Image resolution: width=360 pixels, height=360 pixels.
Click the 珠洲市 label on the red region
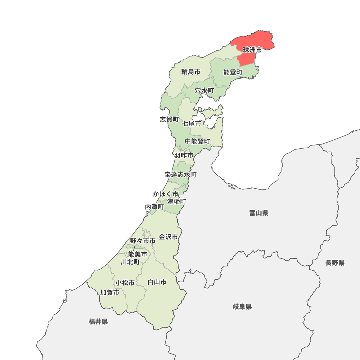[x=252, y=50]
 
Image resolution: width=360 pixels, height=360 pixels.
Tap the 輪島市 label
[x=191, y=72]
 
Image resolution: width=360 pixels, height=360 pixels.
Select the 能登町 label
[x=233, y=72]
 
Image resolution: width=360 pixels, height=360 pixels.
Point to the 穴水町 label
[x=204, y=91]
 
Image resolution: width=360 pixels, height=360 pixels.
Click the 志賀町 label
[x=169, y=119]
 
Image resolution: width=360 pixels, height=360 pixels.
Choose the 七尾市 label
[x=192, y=123]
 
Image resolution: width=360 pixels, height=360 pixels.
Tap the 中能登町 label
[x=198, y=141]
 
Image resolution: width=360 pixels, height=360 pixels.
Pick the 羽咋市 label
[x=184, y=156]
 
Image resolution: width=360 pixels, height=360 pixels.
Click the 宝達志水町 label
[x=181, y=175]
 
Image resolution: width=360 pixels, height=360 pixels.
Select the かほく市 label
[x=166, y=194]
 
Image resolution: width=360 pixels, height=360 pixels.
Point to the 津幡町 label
[x=177, y=202]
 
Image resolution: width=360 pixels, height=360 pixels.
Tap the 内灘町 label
[x=154, y=207]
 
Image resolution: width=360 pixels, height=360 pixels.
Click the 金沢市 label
[x=168, y=237]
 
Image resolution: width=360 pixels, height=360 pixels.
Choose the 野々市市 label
[x=143, y=240]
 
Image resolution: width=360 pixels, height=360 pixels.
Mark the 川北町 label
[x=130, y=262]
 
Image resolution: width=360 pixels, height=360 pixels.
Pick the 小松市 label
[x=125, y=283]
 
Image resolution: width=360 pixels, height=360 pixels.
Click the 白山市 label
[x=157, y=282]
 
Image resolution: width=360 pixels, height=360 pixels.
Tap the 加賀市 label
[x=110, y=293]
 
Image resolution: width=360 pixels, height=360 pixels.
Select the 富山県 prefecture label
[x=259, y=213]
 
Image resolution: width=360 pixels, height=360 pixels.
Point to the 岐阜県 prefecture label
[x=242, y=307]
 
